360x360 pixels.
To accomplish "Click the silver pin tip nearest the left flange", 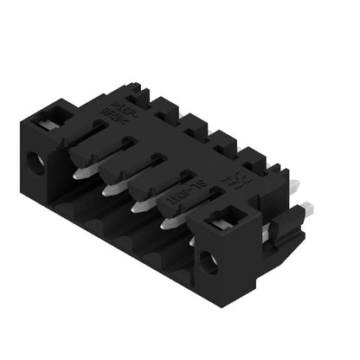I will pyautogui.click(x=80, y=171).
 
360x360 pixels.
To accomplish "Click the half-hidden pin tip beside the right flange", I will pyautogui.click(x=192, y=241).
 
